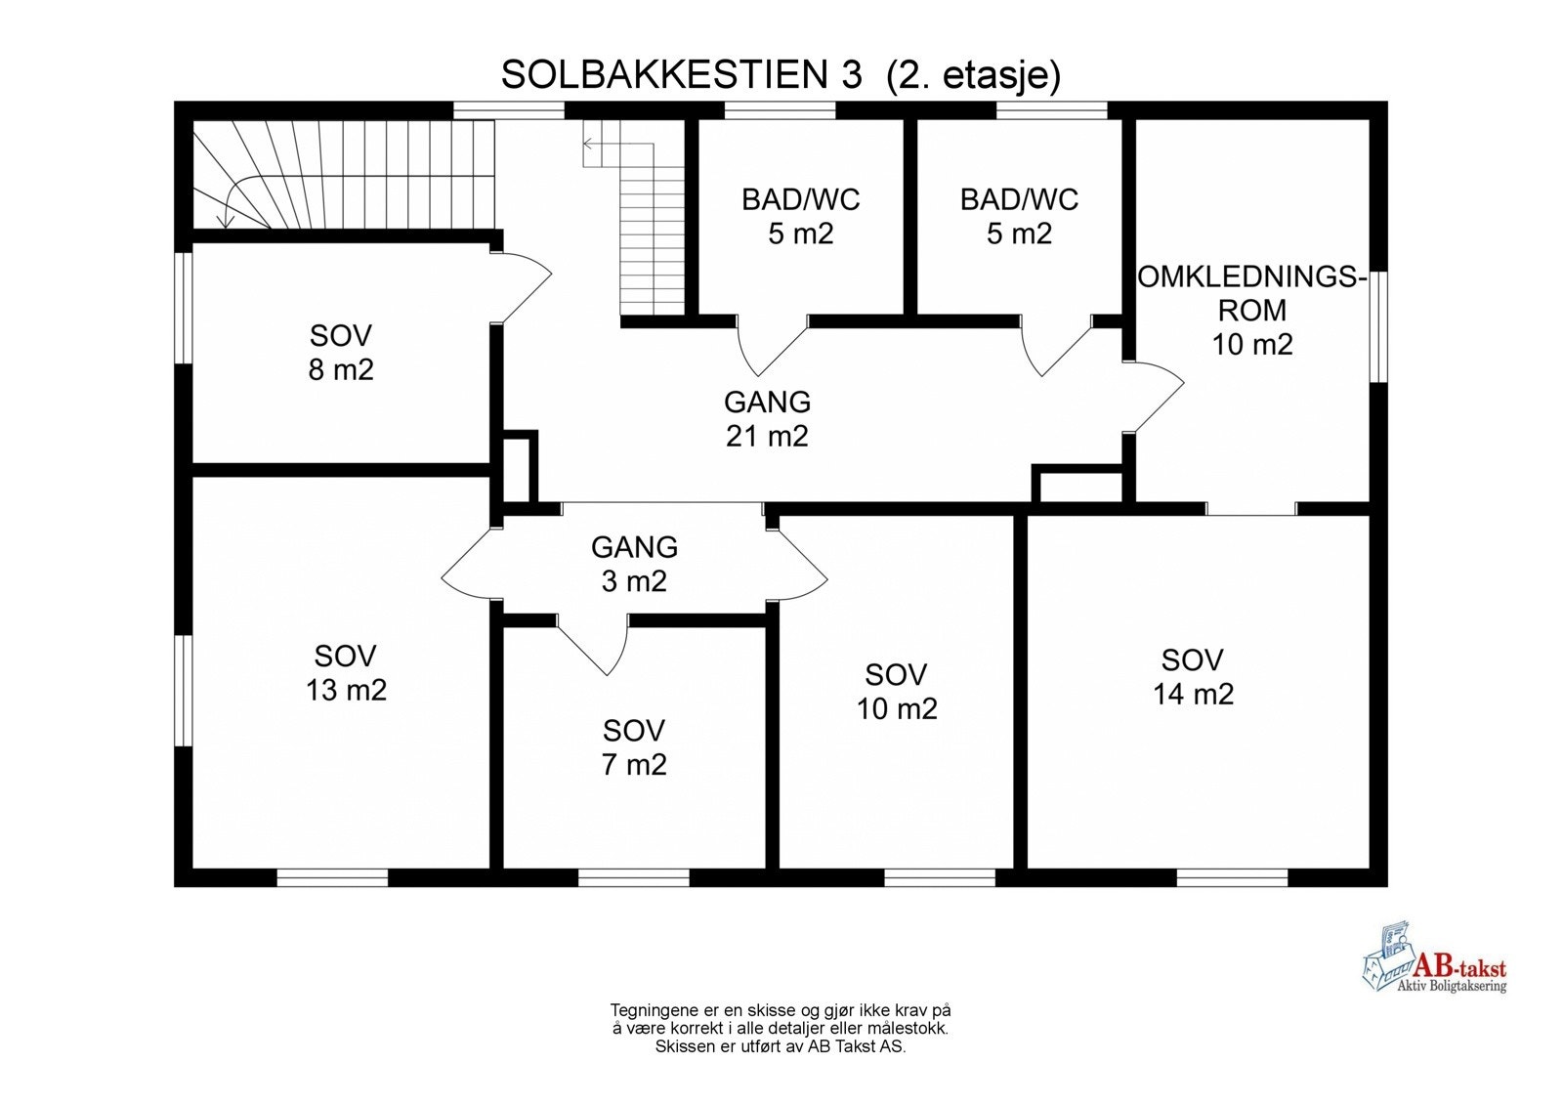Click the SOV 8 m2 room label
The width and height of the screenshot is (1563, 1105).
(341, 353)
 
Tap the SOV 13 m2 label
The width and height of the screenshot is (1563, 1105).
(346, 673)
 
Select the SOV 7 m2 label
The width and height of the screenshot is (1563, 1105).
(634, 747)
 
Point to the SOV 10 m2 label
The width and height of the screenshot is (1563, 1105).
(896, 691)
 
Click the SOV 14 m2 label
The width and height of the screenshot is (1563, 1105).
(1193, 677)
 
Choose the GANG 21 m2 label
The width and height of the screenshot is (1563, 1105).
(767, 419)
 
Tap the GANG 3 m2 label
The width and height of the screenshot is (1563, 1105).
(634, 564)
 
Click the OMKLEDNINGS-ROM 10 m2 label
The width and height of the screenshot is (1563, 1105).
(1251, 310)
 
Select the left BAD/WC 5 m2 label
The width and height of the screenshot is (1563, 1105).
(800, 216)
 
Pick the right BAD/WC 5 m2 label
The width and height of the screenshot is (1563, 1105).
(1019, 216)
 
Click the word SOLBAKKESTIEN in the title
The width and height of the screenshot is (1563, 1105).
(664, 75)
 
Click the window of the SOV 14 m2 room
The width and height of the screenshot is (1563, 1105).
(1231, 876)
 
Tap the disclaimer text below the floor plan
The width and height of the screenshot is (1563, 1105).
(780, 1028)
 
